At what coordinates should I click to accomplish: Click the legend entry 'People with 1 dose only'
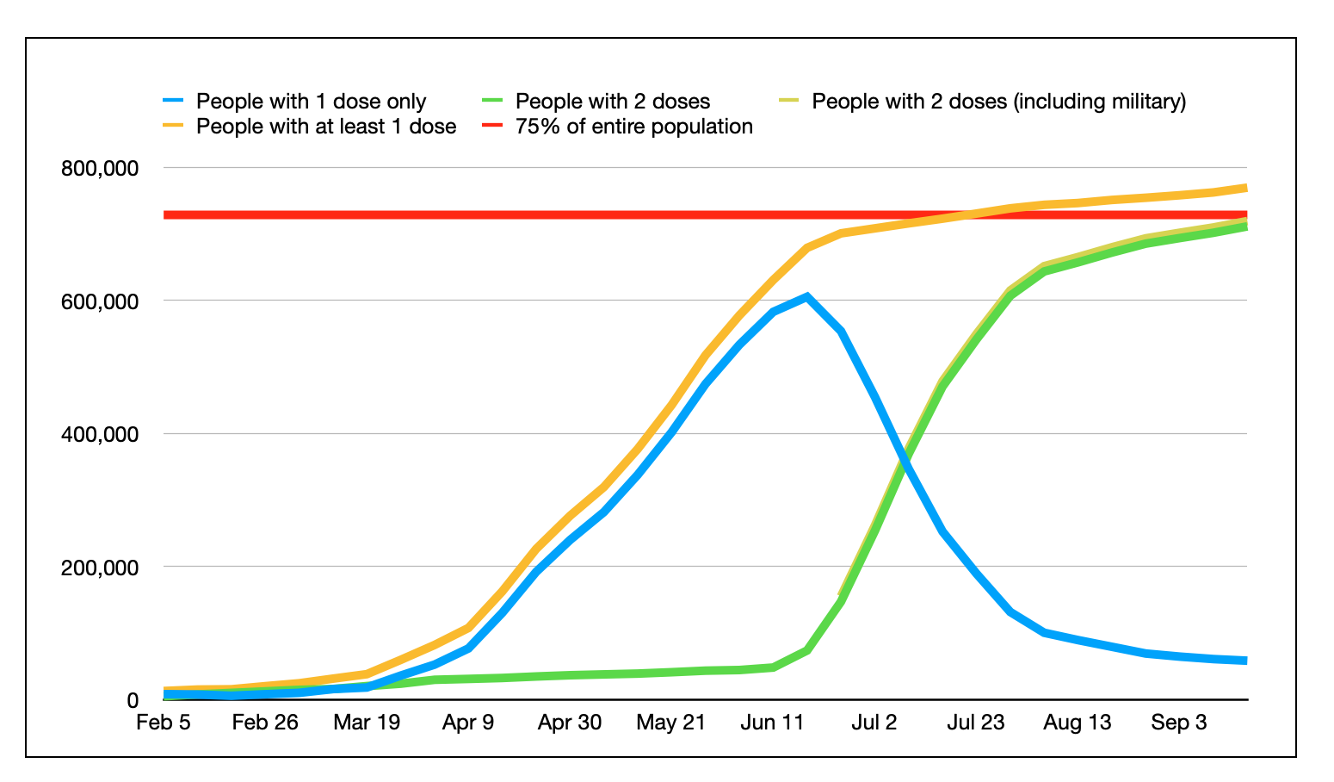click(x=311, y=102)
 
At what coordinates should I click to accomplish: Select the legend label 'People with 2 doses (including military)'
click(x=998, y=102)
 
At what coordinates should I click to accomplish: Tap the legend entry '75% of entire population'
click(x=633, y=127)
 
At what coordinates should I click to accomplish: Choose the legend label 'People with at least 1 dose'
click(x=326, y=127)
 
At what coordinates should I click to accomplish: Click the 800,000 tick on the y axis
click(x=100, y=168)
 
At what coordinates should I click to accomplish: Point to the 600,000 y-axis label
click(x=100, y=301)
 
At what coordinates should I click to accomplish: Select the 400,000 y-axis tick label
click(x=100, y=434)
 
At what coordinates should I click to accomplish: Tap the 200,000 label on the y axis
click(x=100, y=568)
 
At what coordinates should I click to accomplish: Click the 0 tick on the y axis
click(x=133, y=700)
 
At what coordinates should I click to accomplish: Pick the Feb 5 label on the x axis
click(x=164, y=723)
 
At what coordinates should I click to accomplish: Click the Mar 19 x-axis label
click(x=367, y=723)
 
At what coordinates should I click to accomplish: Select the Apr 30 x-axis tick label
click(x=570, y=723)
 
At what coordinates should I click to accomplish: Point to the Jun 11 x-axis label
click(x=773, y=723)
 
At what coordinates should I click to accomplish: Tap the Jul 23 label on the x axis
click(x=976, y=723)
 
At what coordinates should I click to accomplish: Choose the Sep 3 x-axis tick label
click(x=1179, y=723)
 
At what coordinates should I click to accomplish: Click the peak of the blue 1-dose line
click(x=806, y=297)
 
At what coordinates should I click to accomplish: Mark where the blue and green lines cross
click(x=905, y=462)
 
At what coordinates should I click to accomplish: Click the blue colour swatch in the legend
click(x=176, y=102)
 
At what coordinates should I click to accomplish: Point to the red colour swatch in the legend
click(x=495, y=127)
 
